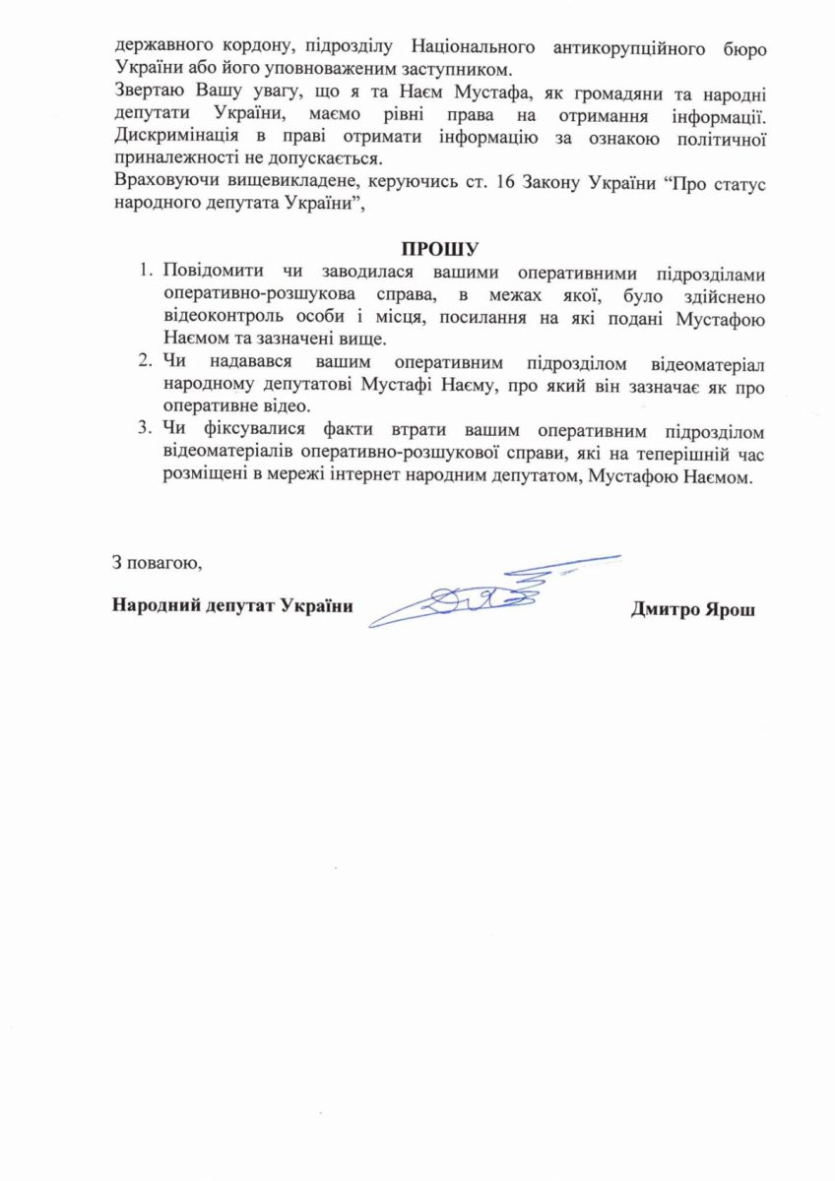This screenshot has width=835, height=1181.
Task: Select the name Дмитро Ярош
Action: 693,607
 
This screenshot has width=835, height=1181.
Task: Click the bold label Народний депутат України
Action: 232,605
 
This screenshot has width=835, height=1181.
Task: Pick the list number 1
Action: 146,271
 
